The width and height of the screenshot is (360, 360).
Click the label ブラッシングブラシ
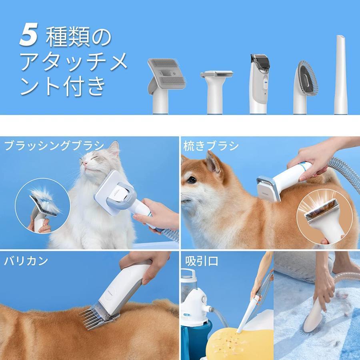(x=54, y=146)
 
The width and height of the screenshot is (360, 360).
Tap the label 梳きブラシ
(x=211, y=146)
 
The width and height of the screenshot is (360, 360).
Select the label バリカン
(x=26, y=261)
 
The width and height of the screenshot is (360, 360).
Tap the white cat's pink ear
(x=114, y=150)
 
